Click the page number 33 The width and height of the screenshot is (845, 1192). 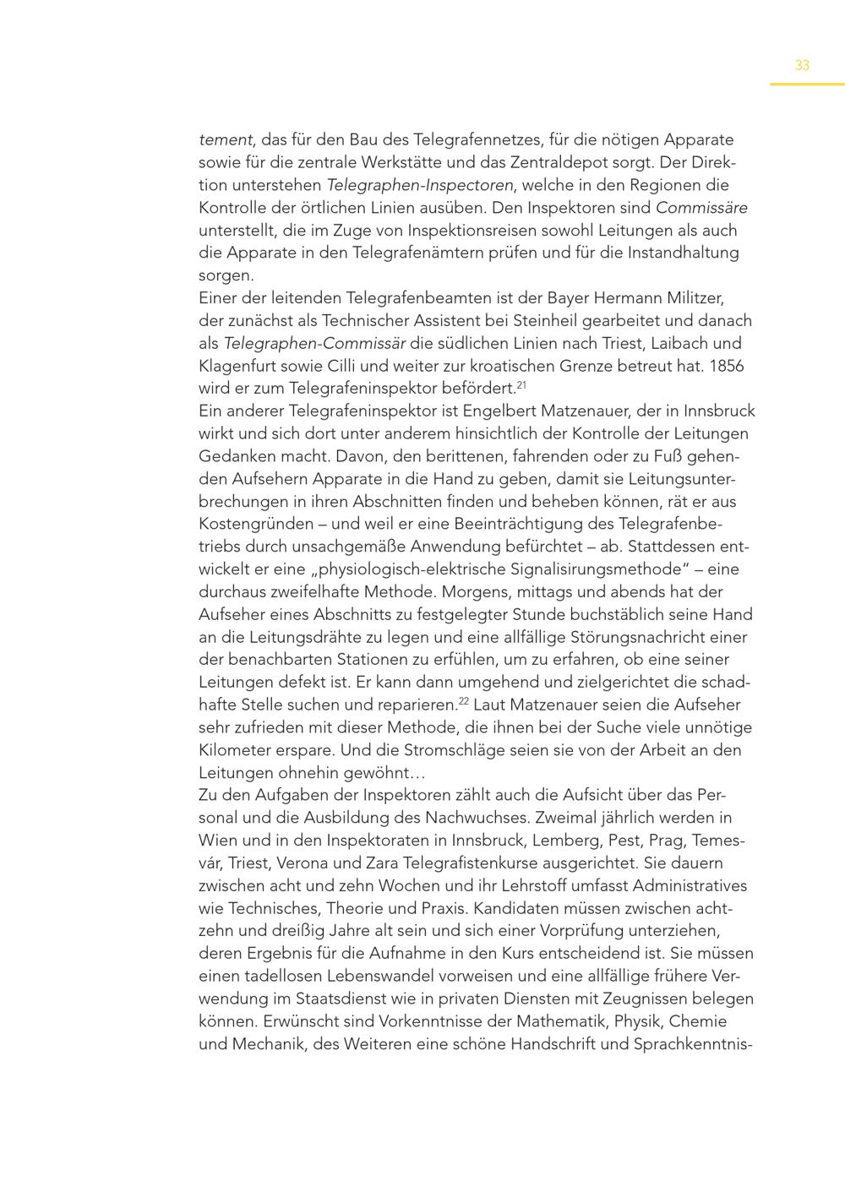(802, 65)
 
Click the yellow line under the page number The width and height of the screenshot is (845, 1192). (806, 84)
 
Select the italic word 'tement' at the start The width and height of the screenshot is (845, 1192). (225, 140)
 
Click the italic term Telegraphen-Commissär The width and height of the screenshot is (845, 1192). (314, 344)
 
